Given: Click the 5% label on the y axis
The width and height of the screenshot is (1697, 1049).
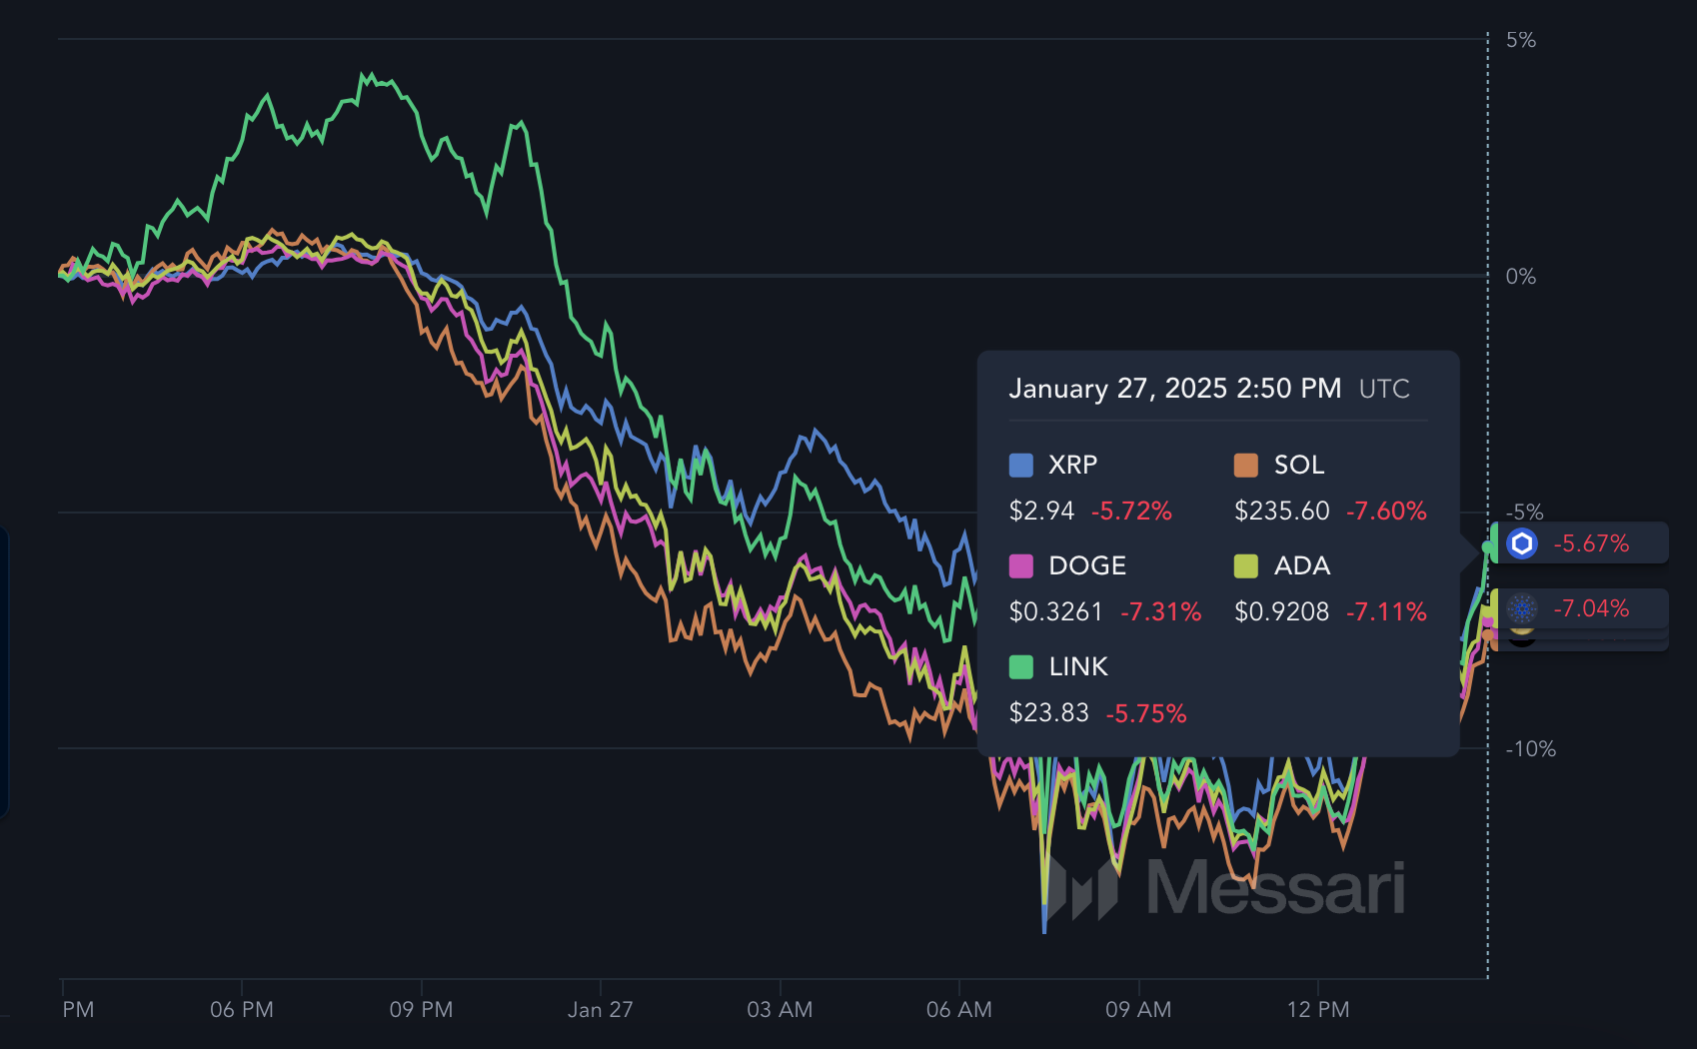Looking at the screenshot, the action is [x=1520, y=40].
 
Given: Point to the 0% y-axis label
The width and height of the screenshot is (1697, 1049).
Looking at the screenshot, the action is [x=1520, y=277].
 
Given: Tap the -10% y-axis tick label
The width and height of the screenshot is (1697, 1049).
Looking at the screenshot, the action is [x=1530, y=749].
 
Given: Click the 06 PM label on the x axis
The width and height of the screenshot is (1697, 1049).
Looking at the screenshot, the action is [x=242, y=1010].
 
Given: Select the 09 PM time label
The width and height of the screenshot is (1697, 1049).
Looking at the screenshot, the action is [x=421, y=1010].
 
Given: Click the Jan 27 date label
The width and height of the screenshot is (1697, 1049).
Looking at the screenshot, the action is [x=600, y=1010].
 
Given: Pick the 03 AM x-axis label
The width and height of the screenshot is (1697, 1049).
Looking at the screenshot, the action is [x=780, y=1010].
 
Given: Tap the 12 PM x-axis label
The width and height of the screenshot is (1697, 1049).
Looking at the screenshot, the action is [x=1318, y=1010].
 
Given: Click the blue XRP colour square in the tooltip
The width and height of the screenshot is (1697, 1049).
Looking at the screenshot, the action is [x=1021, y=465].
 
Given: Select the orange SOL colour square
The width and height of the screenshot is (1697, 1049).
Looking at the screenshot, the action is [x=1246, y=465].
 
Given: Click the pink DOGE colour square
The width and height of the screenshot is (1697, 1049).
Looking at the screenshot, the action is [x=1021, y=565].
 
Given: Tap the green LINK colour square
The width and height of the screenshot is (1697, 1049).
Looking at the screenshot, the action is [x=1021, y=667].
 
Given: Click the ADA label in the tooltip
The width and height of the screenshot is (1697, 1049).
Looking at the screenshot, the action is [x=1301, y=565].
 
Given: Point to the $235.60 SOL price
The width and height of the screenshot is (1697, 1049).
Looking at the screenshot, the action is [x=1282, y=512].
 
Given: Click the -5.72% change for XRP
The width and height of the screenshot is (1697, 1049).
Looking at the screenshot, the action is [x=1131, y=512].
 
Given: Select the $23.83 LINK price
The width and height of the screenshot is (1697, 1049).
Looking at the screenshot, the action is [x=1048, y=712].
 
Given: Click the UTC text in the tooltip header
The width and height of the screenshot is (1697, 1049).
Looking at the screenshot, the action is [x=1384, y=390].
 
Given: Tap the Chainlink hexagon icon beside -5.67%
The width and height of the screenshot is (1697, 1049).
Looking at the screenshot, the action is [x=1522, y=543].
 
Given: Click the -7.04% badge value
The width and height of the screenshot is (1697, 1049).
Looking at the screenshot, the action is [x=1591, y=608].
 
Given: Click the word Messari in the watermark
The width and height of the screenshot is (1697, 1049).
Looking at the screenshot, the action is [x=1276, y=887].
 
